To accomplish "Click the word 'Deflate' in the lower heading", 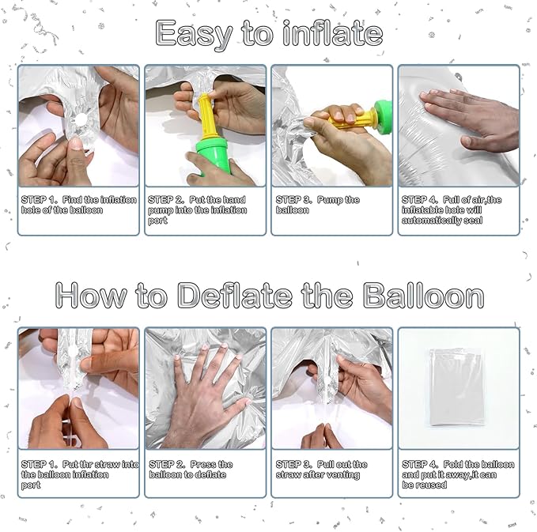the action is [x=235, y=295].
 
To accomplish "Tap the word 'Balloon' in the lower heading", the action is [x=423, y=295].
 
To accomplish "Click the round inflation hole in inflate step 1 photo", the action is [x=81, y=119].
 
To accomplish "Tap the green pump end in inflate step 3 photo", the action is [x=384, y=113].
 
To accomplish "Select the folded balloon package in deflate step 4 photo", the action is [x=457, y=387].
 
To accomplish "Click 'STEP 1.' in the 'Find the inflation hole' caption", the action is [x=39, y=200].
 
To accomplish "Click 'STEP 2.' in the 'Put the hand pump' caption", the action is [x=166, y=200].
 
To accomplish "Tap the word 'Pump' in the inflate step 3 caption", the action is [x=331, y=200].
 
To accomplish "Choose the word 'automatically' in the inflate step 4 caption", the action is [x=432, y=221].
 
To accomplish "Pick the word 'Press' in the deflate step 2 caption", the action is [x=202, y=465].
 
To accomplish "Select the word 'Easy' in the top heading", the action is [x=194, y=34].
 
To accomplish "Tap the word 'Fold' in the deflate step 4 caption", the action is [x=454, y=465].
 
